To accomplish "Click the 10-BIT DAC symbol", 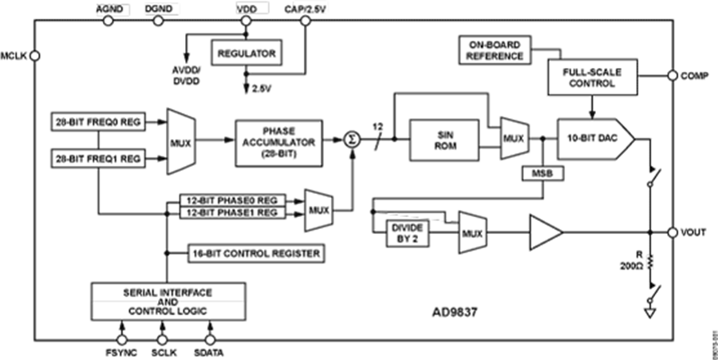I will pos(594,139).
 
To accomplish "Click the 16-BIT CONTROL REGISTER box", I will pos(255,253).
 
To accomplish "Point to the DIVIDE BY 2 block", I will pos(407,232).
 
